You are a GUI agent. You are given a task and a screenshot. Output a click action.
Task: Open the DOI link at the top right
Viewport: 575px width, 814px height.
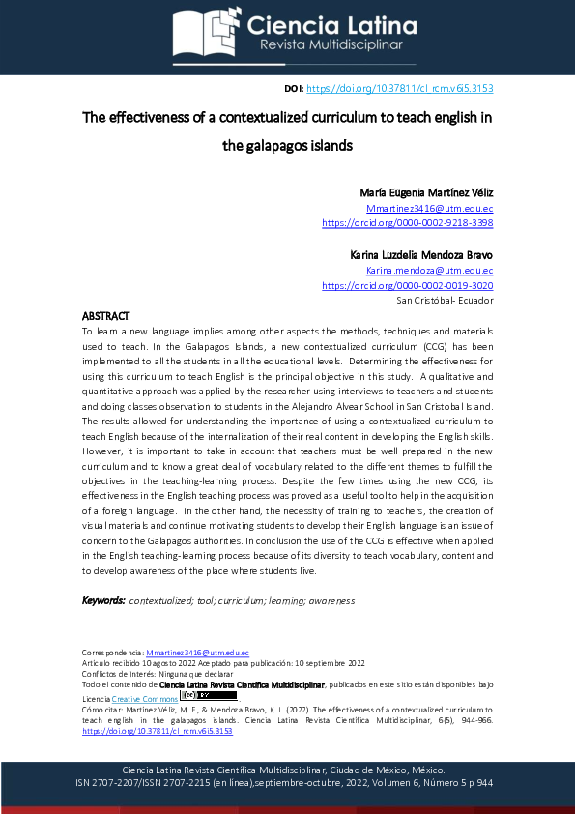[399, 88]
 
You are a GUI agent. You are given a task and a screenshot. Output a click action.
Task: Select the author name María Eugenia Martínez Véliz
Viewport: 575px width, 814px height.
[426, 192]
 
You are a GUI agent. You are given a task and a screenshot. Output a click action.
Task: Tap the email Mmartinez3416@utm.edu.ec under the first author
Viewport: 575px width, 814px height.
[430, 208]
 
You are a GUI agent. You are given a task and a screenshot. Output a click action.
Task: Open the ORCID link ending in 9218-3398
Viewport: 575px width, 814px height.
[407, 222]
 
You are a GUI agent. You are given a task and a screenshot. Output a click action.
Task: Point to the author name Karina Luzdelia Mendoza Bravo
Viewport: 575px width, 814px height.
[421, 255]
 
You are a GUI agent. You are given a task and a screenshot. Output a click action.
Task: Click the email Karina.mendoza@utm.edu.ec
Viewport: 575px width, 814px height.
[430, 271]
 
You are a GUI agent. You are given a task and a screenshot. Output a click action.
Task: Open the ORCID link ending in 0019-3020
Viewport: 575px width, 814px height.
[407, 286]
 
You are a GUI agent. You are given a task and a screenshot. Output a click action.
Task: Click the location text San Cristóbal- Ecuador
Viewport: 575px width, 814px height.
[445, 301]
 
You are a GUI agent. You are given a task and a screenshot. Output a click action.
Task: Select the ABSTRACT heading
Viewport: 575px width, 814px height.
[105, 316]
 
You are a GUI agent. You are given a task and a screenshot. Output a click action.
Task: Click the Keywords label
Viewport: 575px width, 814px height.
[103, 600]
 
